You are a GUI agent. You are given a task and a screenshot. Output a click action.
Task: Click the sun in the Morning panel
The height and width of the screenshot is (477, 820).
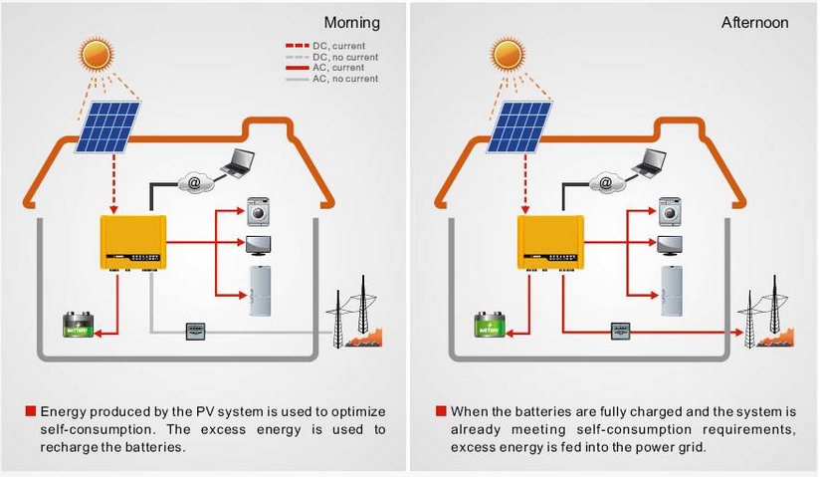coord(98,53)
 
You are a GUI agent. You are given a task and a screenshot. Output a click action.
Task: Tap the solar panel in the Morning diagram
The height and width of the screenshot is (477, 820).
coord(108,126)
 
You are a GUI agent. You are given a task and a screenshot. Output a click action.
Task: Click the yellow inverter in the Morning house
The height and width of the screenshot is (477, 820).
coord(132,243)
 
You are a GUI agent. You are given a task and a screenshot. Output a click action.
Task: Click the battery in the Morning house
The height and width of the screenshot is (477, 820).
coord(79,325)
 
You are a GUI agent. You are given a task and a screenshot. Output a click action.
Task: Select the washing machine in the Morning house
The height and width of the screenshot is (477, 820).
coord(259,211)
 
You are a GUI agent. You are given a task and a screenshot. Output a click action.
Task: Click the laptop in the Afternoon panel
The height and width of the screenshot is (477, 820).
coord(649,162)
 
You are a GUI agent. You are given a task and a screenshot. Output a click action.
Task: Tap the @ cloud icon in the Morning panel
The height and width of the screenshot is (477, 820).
coord(195,182)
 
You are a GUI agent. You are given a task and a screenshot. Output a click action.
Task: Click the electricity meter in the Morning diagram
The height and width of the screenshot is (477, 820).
coord(195,333)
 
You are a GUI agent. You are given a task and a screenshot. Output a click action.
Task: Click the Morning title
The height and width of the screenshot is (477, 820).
coord(352,23)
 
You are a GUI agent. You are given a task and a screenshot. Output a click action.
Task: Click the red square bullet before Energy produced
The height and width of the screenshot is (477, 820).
coord(31,410)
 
